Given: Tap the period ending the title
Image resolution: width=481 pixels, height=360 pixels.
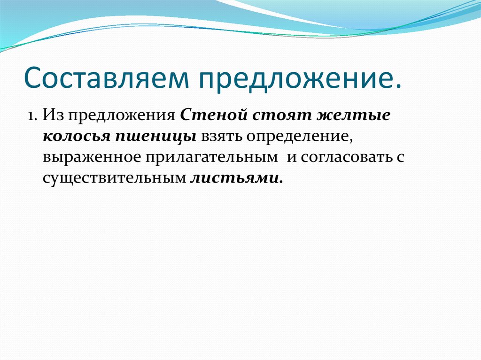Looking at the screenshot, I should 398,85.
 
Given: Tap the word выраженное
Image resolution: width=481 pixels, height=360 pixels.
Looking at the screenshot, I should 92,157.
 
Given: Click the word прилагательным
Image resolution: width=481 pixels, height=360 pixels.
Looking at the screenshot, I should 211,157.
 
